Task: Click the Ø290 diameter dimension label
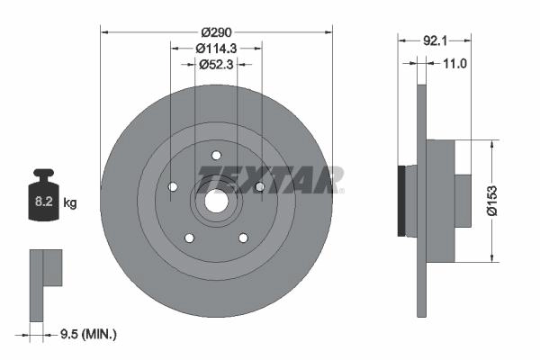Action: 217,32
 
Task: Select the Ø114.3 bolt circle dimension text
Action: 216,49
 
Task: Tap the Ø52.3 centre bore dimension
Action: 216,65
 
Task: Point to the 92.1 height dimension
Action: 435,41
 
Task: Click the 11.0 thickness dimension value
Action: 454,63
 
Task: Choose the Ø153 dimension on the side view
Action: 492,201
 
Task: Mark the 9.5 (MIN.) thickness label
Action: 88,334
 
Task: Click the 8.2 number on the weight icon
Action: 44,202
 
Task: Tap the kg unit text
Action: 70,202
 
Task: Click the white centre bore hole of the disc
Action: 217,202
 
